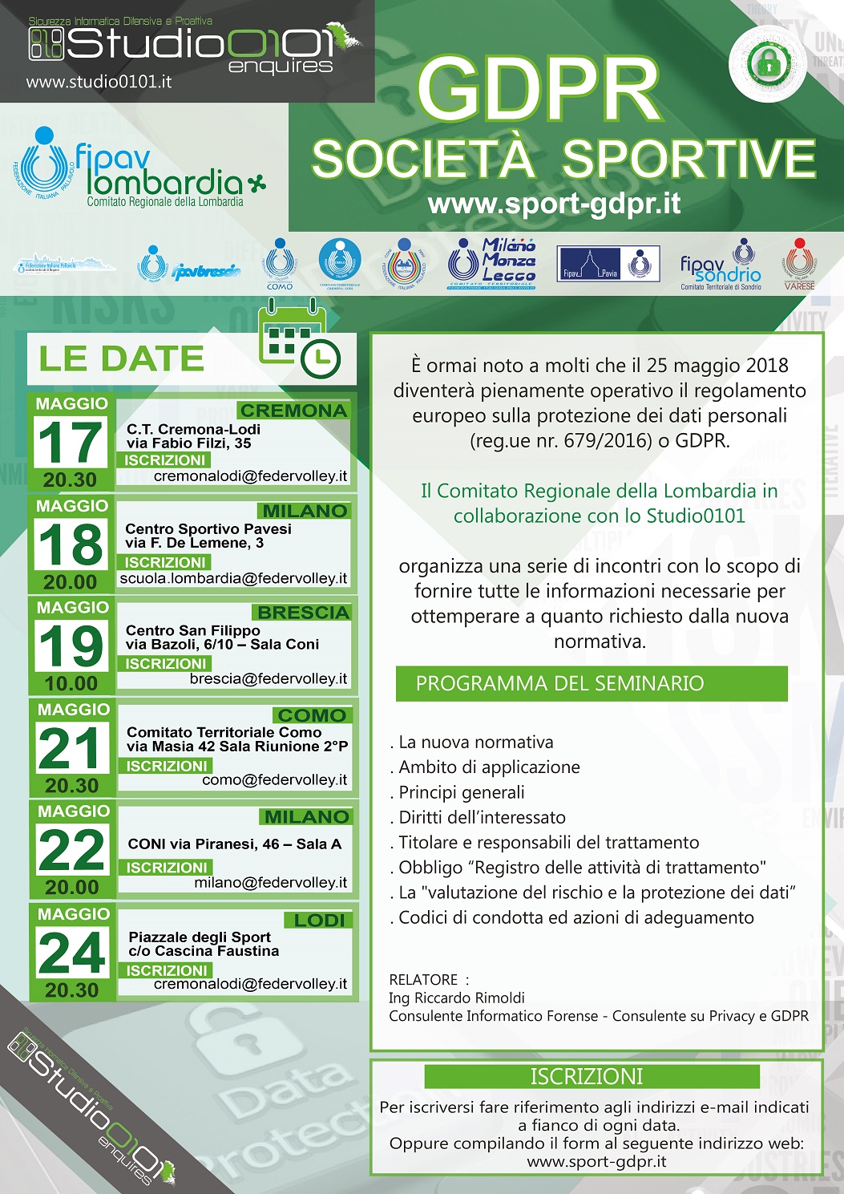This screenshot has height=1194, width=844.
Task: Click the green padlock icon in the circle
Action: coord(768,63)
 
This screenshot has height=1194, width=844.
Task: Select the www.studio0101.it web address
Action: coord(99,81)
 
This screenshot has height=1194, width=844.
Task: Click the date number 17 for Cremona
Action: coord(71,442)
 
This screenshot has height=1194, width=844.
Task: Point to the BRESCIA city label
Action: coord(302,613)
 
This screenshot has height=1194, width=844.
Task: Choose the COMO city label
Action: coord(311,715)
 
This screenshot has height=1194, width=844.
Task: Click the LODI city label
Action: coord(319,920)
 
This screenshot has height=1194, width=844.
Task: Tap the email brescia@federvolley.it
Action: coord(269,678)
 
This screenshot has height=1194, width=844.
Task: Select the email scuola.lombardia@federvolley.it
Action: coord(233,578)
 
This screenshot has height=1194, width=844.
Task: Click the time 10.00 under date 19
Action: coord(71,684)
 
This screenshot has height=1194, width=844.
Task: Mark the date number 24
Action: coord(71,953)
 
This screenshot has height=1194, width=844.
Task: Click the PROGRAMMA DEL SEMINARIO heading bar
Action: coord(592,683)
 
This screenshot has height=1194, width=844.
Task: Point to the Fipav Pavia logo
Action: coord(608,263)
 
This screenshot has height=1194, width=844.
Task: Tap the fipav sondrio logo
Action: coord(721,265)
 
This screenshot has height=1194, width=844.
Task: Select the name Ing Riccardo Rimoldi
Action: coord(456,998)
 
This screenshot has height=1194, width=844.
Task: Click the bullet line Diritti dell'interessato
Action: coord(482,817)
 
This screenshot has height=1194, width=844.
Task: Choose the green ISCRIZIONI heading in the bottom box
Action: coord(592,1076)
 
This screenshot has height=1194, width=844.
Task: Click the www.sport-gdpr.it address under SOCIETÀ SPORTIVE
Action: coord(554,204)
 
